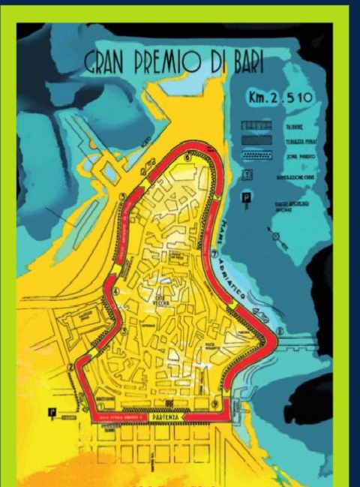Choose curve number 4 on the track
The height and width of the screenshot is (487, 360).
pos(116,291)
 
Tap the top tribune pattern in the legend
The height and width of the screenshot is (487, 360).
pos(253,127)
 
